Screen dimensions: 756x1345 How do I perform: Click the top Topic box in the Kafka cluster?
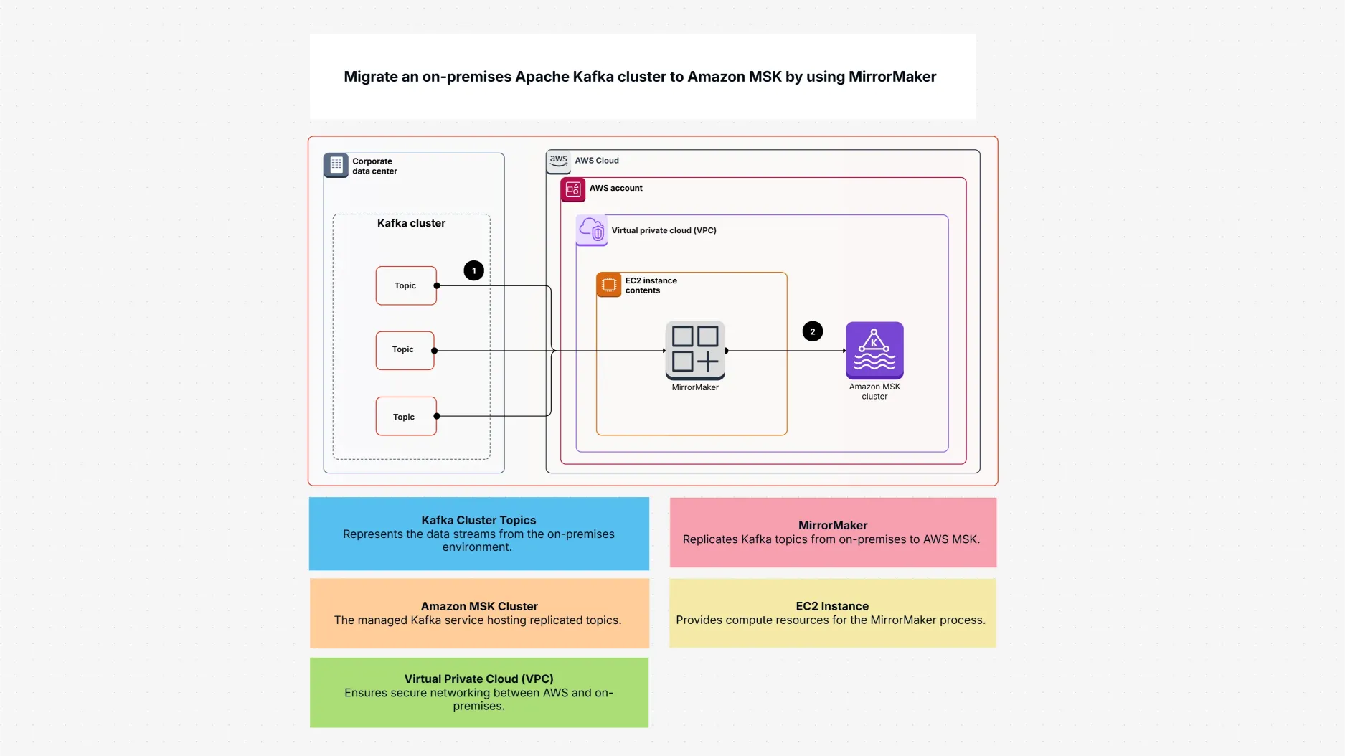pyautogui.click(x=406, y=285)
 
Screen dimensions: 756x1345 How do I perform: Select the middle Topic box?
pyautogui.click(x=405, y=350)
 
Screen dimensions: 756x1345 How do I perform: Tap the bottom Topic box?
pyautogui.click(x=406, y=416)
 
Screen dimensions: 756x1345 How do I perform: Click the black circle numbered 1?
pyautogui.click(x=473, y=270)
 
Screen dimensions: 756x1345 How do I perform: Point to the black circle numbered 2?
pyautogui.click(x=812, y=331)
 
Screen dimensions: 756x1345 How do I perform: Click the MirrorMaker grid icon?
pyautogui.click(x=695, y=349)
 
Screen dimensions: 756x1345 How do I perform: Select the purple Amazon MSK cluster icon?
pyautogui.click(x=874, y=350)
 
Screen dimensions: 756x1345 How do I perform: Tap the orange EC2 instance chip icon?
pyautogui.click(x=608, y=285)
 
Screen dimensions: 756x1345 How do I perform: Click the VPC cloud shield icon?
pyautogui.click(x=592, y=230)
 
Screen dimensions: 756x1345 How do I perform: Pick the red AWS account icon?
pyautogui.click(x=572, y=189)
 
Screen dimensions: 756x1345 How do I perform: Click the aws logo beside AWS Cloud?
pyautogui.click(x=559, y=161)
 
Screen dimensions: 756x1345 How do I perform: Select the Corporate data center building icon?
pyautogui.click(x=336, y=165)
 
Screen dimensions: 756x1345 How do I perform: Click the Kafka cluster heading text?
pyautogui.click(x=411, y=223)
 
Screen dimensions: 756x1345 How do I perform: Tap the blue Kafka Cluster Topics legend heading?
pyautogui.click(x=478, y=520)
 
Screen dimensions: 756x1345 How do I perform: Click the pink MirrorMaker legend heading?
pyautogui.click(x=832, y=525)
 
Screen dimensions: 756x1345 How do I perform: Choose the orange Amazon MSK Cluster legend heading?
pyautogui.click(x=478, y=606)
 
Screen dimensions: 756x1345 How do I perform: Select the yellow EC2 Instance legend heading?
pyautogui.click(x=831, y=606)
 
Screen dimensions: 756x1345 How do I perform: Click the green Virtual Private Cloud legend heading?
pyautogui.click(x=478, y=679)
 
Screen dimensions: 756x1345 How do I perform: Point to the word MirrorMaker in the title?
pyautogui.click(x=892, y=77)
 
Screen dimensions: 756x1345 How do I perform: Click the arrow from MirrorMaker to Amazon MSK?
pyautogui.click(x=786, y=351)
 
